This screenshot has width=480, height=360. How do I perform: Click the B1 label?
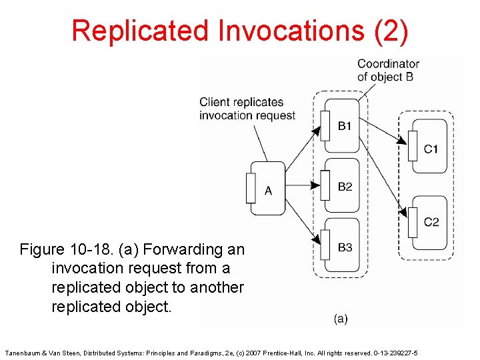[x=345, y=126]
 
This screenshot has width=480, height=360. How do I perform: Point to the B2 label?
[x=345, y=187]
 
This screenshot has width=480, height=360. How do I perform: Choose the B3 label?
[x=345, y=247]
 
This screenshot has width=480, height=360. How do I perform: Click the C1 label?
[x=431, y=149]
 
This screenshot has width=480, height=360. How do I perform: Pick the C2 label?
[x=431, y=221]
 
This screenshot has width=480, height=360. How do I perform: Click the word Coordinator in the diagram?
[x=388, y=64]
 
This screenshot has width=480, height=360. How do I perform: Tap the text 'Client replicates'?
[x=241, y=102]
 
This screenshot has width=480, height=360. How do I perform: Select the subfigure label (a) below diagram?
[x=341, y=319]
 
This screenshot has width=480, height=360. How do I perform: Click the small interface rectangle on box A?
[x=251, y=188]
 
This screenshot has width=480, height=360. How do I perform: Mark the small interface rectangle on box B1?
[x=325, y=125]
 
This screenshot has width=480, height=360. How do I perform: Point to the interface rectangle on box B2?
[x=325, y=185]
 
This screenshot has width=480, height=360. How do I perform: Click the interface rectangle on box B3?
[x=325, y=246]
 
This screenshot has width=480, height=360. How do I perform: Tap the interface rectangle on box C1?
[x=413, y=146]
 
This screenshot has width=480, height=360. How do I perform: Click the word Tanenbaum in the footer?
[x=23, y=352]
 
